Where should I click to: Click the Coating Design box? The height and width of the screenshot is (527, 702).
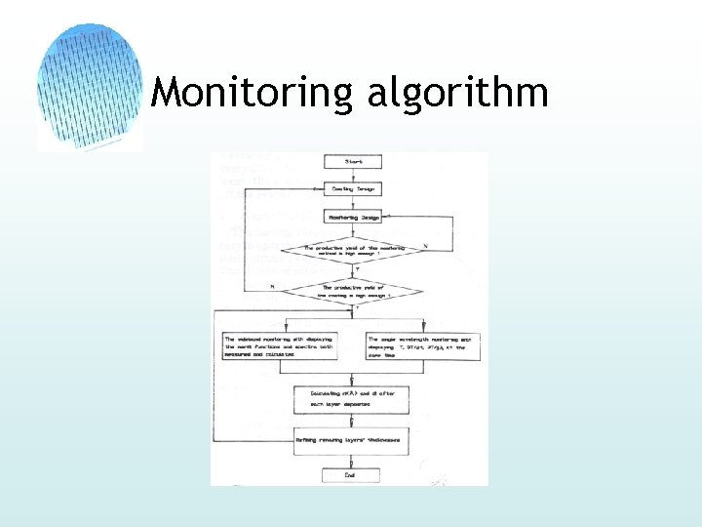pyautogui.click(x=352, y=188)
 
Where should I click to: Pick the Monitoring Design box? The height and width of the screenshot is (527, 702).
pyautogui.click(x=352, y=218)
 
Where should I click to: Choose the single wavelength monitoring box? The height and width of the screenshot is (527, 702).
pyautogui.click(x=422, y=346)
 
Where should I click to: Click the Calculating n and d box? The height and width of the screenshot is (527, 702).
pyautogui.click(x=352, y=397)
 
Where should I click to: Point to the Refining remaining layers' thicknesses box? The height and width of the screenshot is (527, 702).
pyautogui.click(x=352, y=440)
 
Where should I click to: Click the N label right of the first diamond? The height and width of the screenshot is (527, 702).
pyautogui.click(x=425, y=245)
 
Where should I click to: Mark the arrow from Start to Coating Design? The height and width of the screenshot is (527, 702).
pyautogui.click(x=352, y=176)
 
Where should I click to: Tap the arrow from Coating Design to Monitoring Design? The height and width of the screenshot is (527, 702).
pyautogui.click(x=352, y=203)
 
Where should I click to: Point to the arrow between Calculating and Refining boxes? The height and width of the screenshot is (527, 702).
pyautogui.click(x=352, y=419)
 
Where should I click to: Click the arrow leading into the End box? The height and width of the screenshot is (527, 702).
pyautogui.click(x=352, y=460)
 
